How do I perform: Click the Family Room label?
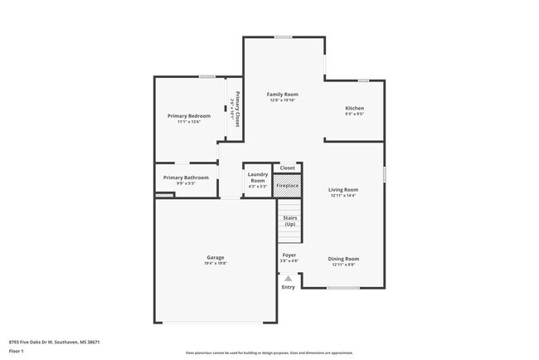point(282,95)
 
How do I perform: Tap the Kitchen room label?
point(354,109)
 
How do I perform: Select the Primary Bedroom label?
point(188,115)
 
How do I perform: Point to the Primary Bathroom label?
point(185,178)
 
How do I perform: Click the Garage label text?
point(216,257)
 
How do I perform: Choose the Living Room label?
point(343,189)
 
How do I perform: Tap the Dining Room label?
point(342,259)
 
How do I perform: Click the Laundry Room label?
point(258,178)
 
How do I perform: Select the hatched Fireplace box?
point(287,186)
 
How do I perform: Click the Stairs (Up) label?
point(289,221)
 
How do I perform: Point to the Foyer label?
point(289,255)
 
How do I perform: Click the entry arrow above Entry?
point(288,280)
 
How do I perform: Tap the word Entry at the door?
point(288,287)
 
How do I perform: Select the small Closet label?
point(287,168)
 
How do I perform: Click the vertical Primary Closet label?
point(237,108)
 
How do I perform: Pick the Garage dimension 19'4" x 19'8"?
point(216,263)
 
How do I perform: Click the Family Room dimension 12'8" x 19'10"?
point(282,100)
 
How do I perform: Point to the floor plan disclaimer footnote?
point(269,353)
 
